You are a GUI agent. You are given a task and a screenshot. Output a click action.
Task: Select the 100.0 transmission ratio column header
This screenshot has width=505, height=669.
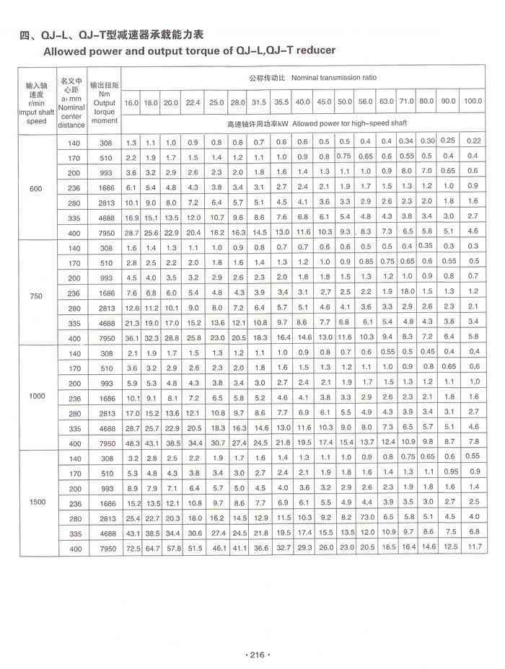[x=473, y=101]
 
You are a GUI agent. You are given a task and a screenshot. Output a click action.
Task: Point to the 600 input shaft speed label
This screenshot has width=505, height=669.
[x=35, y=189]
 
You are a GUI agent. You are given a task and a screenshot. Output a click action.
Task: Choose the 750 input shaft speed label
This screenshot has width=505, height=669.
[x=35, y=295]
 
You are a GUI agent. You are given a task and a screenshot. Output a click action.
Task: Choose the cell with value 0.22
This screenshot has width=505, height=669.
[x=473, y=141]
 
